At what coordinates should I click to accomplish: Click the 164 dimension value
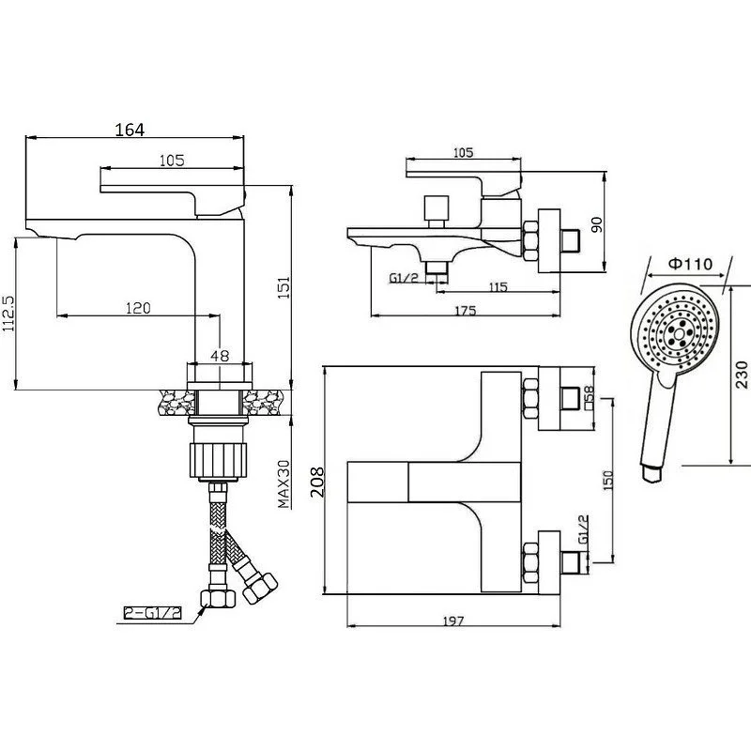pyautogui.click(x=130, y=130)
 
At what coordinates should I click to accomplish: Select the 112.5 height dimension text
pyautogui.click(x=8, y=314)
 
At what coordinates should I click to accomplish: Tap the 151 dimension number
pyautogui.click(x=284, y=287)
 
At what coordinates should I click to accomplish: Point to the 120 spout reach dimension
pyautogui.click(x=138, y=308)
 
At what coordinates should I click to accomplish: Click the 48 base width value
pyautogui.click(x=220, y=356)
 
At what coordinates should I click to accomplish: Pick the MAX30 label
pyautogui.click(x=284, y=483)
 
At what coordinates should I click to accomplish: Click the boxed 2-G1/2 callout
pyautogui.click(x=153, y=613)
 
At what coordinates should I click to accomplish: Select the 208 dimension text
pyautogui.click(x=317, y=483)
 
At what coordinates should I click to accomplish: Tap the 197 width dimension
pyautogui.click(x=453, y=621)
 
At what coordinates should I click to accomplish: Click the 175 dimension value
pyautogui.click(x=465, y=311)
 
